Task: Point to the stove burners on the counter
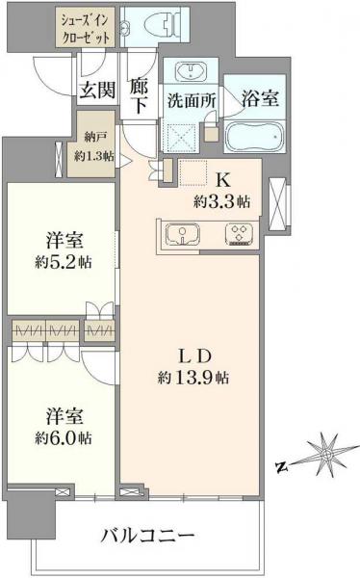coord(238,235)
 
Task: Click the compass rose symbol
coord(326,453)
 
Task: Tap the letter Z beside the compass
coord(280,468)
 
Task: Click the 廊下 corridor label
coord(141,94)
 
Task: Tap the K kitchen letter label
coord(223,180)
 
